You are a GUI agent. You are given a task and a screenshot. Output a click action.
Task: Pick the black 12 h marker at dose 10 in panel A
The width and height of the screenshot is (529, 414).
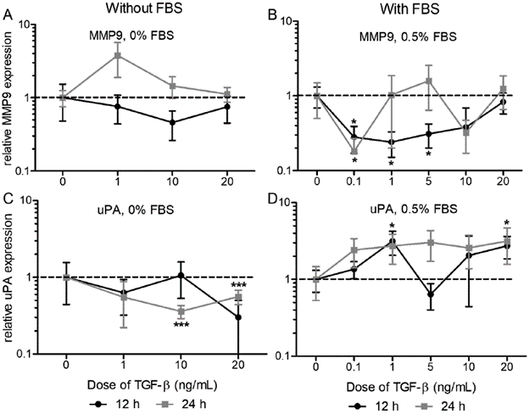coord(172,122)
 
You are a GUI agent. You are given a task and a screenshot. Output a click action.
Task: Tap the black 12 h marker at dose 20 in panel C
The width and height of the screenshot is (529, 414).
coord(238,317)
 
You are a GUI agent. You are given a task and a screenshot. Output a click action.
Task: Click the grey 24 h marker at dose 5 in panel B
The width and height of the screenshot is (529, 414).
coord(429,81)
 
